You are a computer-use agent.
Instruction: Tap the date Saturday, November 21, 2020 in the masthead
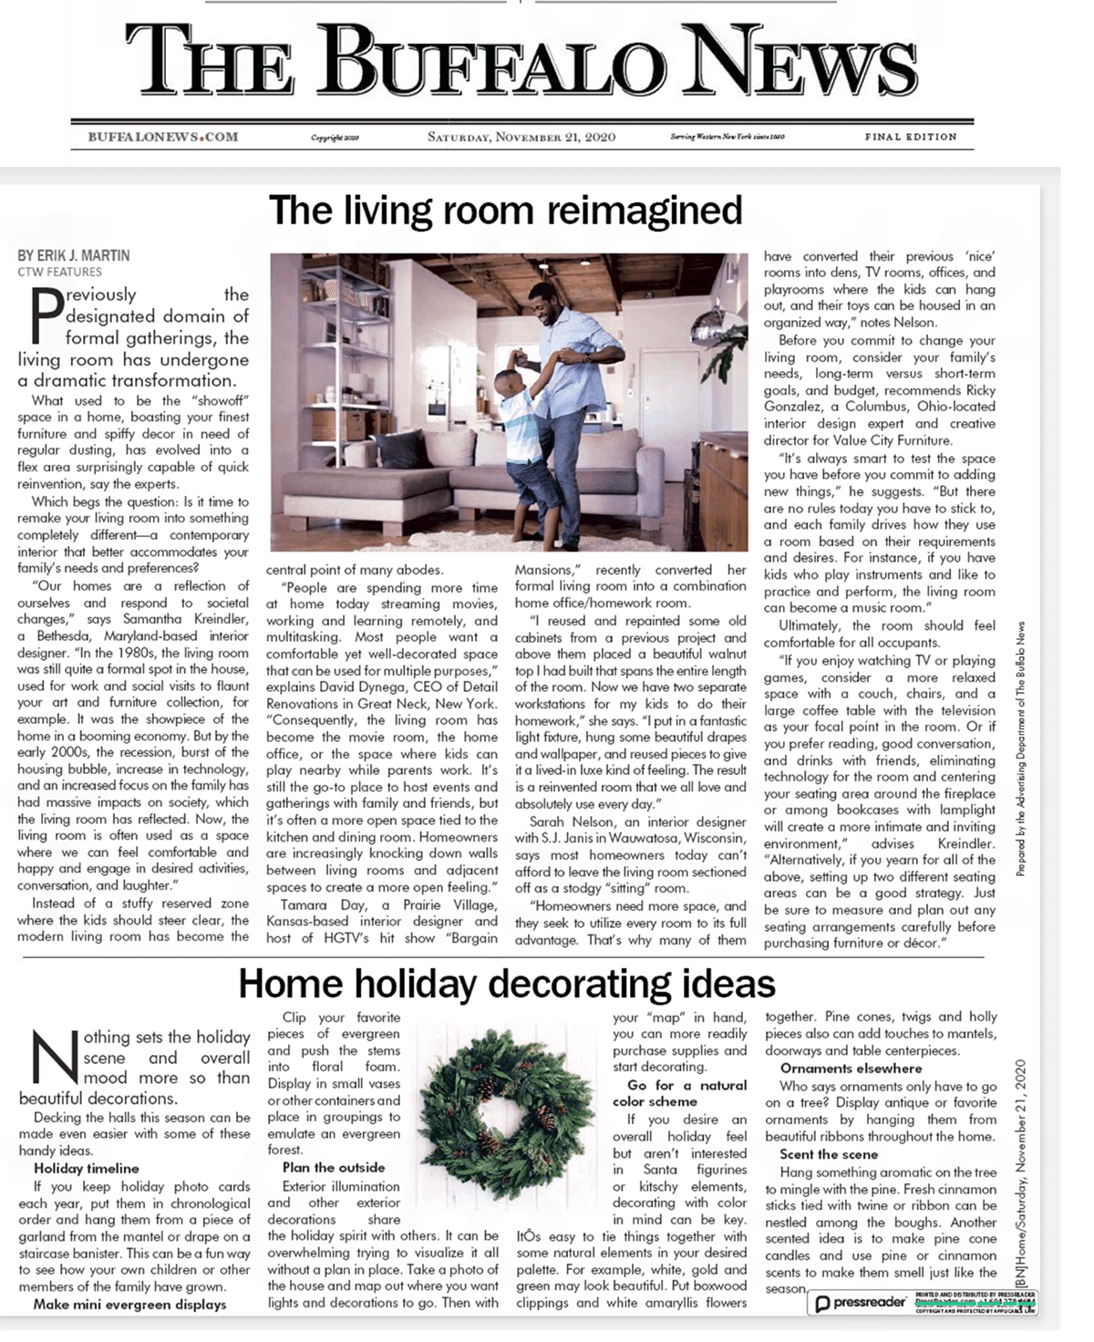pos(521,137)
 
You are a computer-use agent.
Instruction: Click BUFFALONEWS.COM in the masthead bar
pos(163,137)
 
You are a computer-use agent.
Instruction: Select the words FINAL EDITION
pos(911,137)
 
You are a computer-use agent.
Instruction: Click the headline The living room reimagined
pos(506,210)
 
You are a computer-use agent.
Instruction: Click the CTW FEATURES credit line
pos(59,271)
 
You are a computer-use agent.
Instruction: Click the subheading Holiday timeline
pos(87,1168)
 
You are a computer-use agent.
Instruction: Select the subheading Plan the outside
pos(334,1167)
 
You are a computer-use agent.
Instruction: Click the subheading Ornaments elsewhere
pos(851,1068)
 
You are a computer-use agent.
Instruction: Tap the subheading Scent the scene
pos(829,1154)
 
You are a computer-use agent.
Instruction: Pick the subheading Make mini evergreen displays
pos(129,1304)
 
